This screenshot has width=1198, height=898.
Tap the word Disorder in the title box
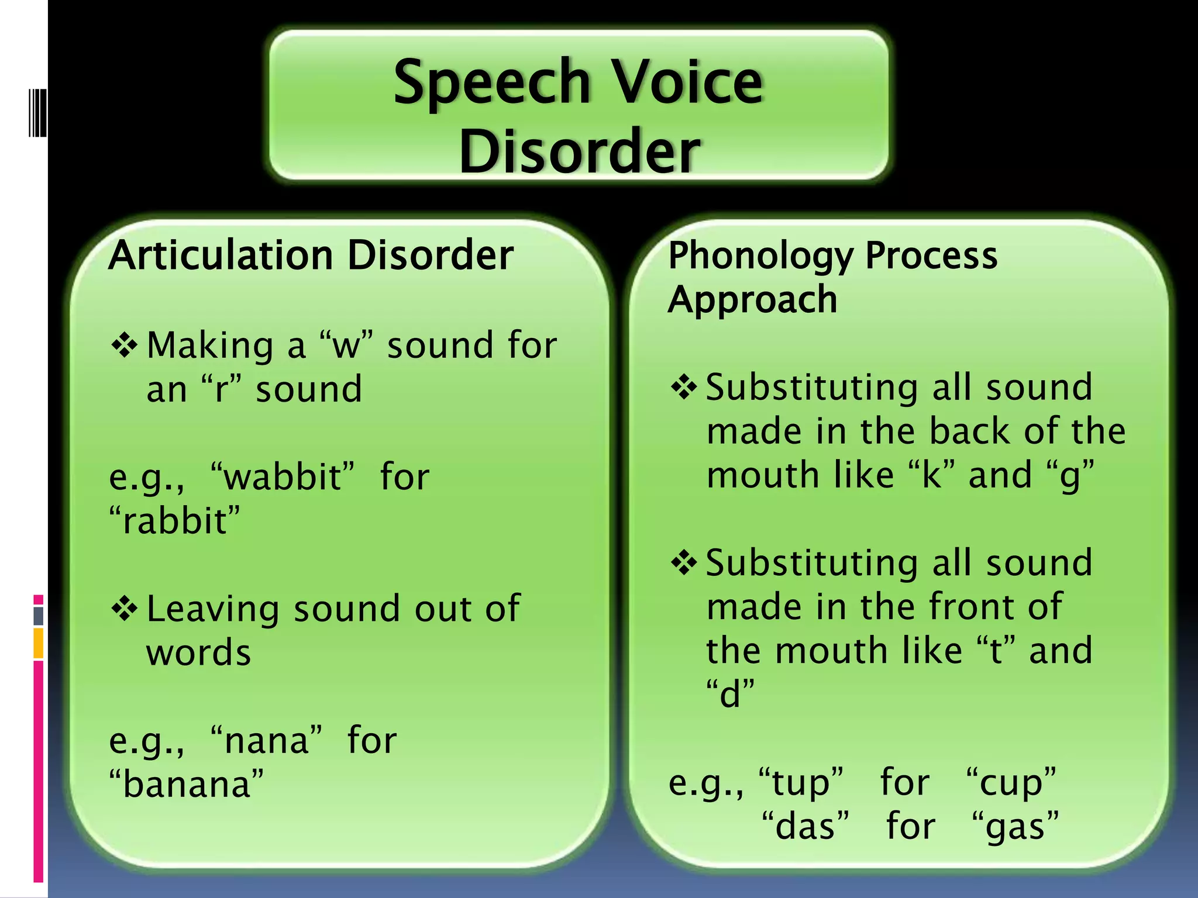579,151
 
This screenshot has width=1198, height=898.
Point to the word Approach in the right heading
752,299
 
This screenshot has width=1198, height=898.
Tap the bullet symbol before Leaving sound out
124,609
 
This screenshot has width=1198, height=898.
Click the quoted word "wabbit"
283,476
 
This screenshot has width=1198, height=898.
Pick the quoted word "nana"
266,740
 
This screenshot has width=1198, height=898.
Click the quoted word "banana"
186,784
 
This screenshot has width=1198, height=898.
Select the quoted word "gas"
1015,827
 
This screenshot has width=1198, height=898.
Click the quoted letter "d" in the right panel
730,694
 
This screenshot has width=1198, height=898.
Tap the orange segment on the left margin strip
39,643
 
